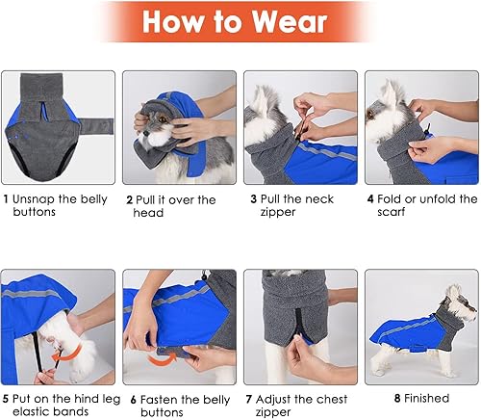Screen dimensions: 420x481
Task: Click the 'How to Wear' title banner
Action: [240, 22]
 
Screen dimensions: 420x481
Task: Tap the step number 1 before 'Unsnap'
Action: [6, 199]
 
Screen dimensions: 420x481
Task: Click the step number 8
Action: [396, 397]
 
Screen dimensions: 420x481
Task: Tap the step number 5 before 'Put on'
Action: [6, 397]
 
